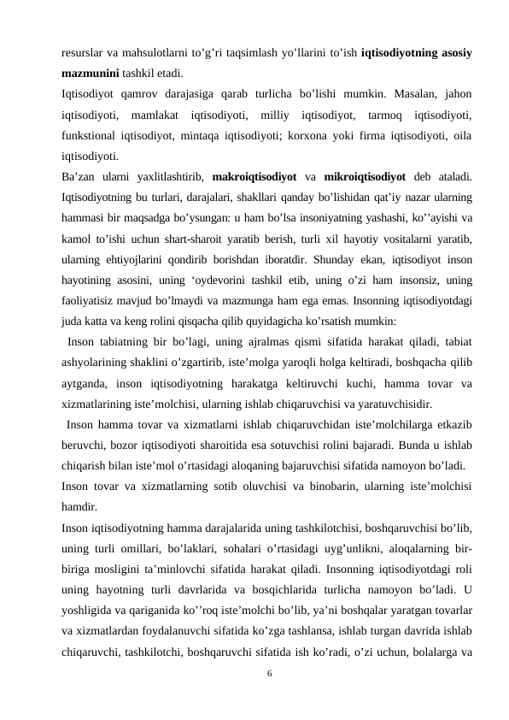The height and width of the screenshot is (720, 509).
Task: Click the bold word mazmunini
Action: (87, 72)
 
